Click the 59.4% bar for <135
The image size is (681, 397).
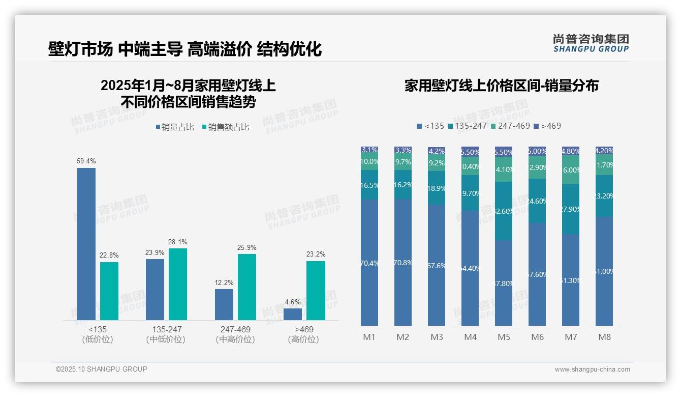pyautogui.click(x=86, y=244)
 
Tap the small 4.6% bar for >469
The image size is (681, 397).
pyautogui.click(x=293, y=314)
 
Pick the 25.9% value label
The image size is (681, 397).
pyautogui.click(x=246, y=248)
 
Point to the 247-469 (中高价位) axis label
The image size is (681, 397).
pyautogui.click(x=235, y=334)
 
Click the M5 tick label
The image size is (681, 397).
pyautogui.click(x=504, y=337)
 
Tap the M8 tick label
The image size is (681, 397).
pyautogui.click(x=604, y=337)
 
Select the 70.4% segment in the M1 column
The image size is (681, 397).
pyautogui.click(x=369, y=263)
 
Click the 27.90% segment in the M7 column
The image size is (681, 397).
pyautogui.click(x=571, y=209)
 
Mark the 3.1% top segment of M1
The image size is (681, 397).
pyautogui.click(x=369, y=150)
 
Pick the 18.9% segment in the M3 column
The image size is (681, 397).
pyautogui.click(x=437, y=188)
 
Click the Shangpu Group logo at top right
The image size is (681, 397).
pyautogui.click(x=591, y=43)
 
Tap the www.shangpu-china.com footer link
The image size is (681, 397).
pyautogui.click(x=592, y=370)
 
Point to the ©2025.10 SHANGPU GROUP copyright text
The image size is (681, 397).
pyautogui.click(x=102, y=369)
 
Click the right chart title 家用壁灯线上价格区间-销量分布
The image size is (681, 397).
pyautogui.click(x=501, y=86)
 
